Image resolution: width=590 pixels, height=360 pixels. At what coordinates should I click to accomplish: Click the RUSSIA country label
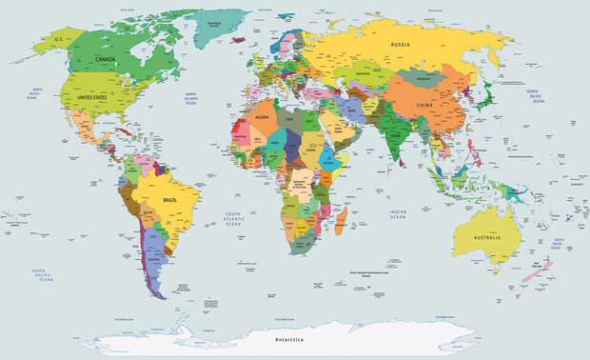coord(400,44)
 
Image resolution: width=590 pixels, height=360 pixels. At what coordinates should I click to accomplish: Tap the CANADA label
coord(107,59)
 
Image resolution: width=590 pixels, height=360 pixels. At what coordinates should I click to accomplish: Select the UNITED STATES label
coord(92,97)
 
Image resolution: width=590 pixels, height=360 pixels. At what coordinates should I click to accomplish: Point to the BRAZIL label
coord(172,201)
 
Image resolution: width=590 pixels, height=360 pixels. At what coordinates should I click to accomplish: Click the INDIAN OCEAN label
coord(398,216)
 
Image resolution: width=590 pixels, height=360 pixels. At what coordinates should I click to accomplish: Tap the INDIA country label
coord(394,134)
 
